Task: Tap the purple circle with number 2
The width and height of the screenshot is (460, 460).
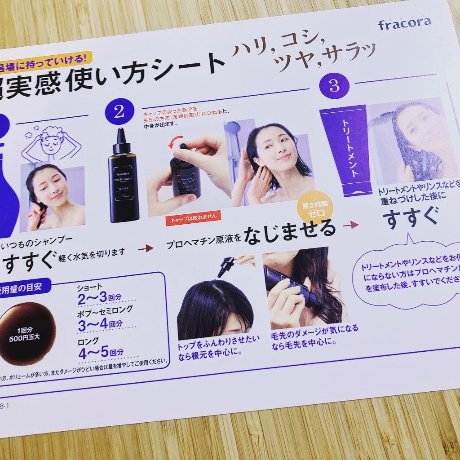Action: (119, 111)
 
